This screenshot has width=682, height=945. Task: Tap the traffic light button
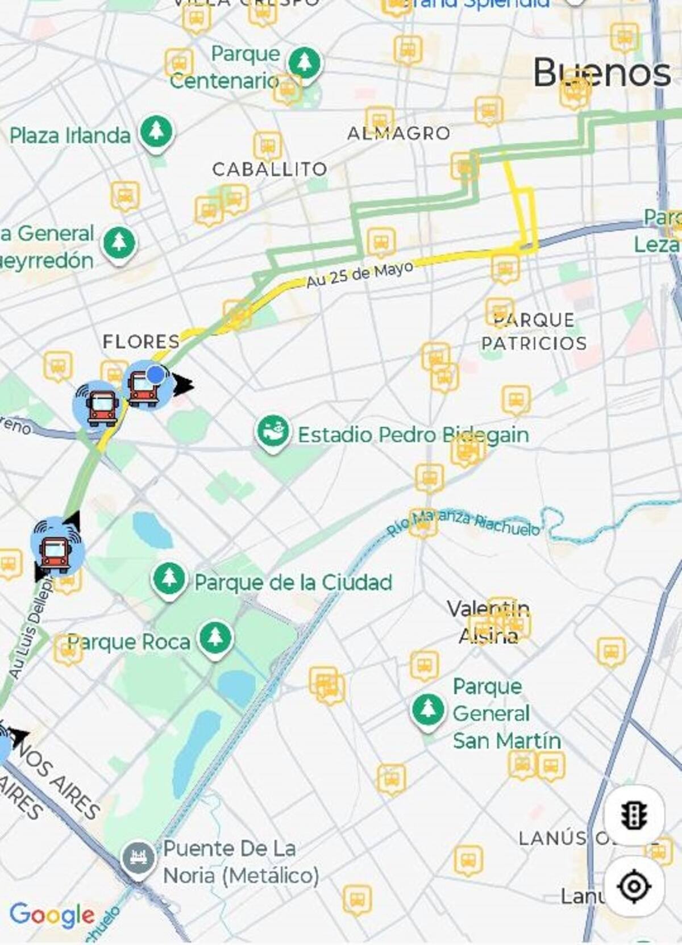(x=634, y=815)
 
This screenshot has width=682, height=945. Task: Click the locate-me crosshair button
(x=634, y=885)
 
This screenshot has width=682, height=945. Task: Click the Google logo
(x=52, y=915)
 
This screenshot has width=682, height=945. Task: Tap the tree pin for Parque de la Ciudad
(x=169, y=579)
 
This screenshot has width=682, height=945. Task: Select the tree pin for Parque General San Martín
(x=427, y=710)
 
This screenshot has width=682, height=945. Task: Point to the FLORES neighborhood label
(x=141, y=342)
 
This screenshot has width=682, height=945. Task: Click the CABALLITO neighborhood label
(x=269, y=169)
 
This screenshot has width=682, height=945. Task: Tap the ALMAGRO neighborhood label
(x=398, y=134)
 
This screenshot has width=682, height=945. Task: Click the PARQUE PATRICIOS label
(x=534, y=331)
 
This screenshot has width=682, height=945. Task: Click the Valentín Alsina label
(x=488, y=622)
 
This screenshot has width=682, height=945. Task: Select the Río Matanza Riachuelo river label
(x=463, y=523)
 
